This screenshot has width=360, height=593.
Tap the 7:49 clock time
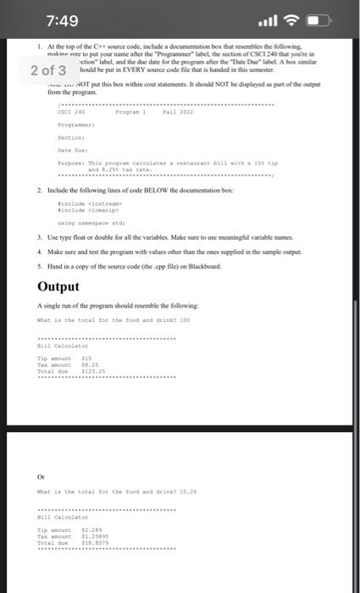(x=63, y=20)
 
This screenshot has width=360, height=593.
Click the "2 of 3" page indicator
(x=48, y=70)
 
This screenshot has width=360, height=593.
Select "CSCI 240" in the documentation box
(x=71, y=110)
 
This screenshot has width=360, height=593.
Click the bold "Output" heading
(x=58, y=285)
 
